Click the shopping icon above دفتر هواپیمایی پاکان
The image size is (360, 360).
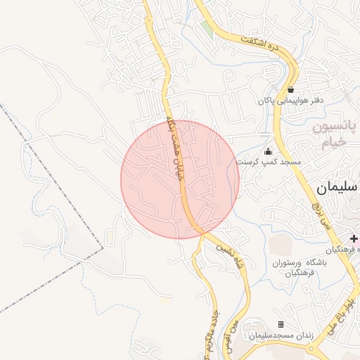coord(290,90)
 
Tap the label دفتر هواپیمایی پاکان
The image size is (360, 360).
coord(290,101)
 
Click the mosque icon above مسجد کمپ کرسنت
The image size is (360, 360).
coord(268,151)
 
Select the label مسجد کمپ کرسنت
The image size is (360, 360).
coord(268,162)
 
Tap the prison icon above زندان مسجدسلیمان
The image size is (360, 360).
coord(281,324)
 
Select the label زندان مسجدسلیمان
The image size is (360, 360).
coord(281,335)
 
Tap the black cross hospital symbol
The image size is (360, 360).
coord(353,240)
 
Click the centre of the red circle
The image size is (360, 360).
coord(180,179)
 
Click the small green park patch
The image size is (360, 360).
coord(206,30)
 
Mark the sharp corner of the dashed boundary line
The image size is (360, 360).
coord(103,247)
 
